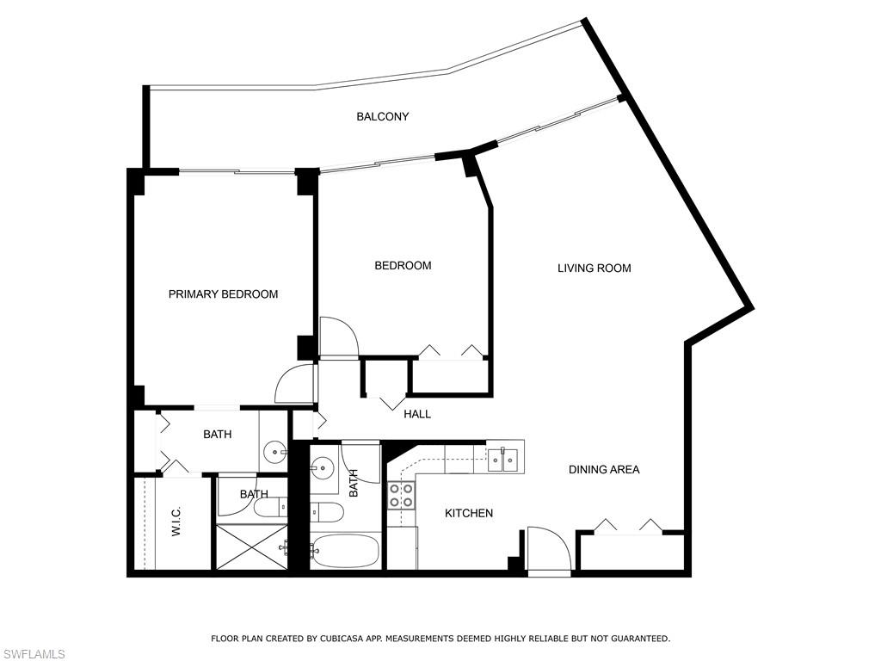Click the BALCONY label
coord(383,116)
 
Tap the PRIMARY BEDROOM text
coord(223,294)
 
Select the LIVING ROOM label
coord(594,269)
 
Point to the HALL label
coord(417,414)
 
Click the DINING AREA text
coord(604,469)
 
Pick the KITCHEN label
coord(469,513)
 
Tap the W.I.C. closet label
coord(176,521)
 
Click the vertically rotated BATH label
coord(354,484)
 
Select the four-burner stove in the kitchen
coord(401,496)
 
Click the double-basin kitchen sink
coord(502,460)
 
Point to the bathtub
coord(345,550)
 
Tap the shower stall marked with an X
coord(252,547)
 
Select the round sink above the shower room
coord(275,451)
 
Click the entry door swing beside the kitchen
coord(550,551)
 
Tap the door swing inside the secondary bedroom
coord(339,337)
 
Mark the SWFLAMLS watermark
coord(33,654)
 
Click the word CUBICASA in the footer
coord(341,639)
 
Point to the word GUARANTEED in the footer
coord(640,639)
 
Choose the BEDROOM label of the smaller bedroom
coord(403,265)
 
